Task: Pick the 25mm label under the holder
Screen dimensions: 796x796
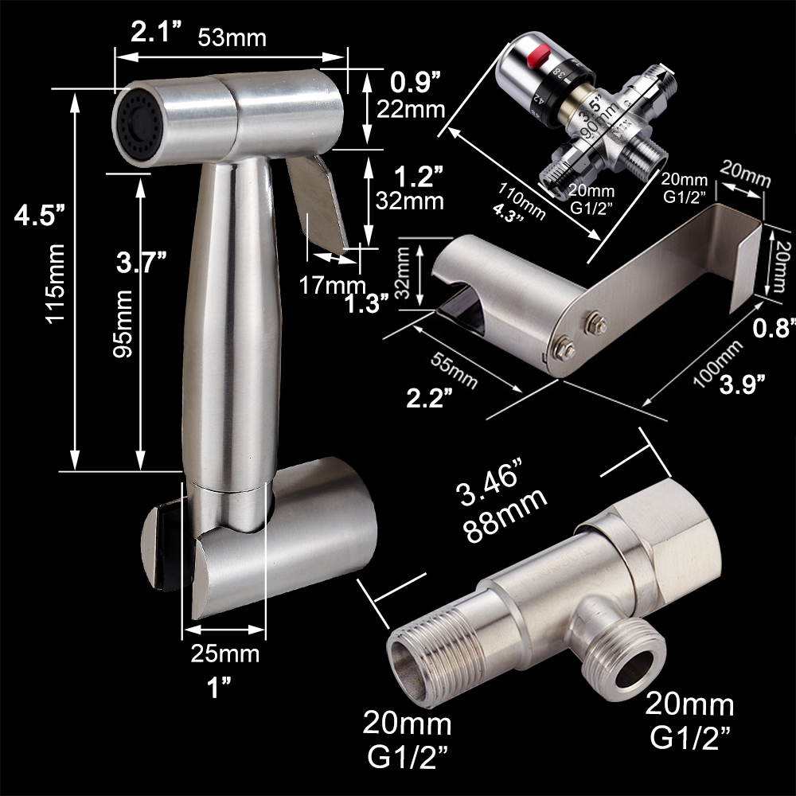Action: point(225,654)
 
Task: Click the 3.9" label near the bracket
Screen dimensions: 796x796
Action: point(742,384)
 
